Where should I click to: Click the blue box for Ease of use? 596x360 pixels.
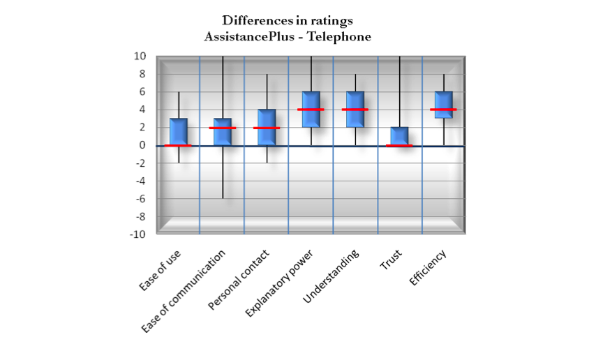(x=178, y=132)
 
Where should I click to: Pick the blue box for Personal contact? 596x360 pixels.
(x=267, y=127)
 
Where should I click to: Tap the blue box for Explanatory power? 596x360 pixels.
(x=311, y=110)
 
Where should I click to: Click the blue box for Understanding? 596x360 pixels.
(x=355, y=110)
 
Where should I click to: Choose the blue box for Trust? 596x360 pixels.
(x=399, y=136)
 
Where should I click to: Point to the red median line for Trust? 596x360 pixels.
(x=399, y=146)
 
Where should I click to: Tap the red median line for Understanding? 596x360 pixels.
(x=355, y=110)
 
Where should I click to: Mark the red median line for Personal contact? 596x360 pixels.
(x=267, y=128)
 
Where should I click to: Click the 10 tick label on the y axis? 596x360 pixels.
(x=140, y=57)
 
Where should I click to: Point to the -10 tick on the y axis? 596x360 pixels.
(x=138, y=234)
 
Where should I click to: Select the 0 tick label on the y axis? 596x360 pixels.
(x=142, y=145)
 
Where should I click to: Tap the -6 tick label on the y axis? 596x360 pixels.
(x=140, y=199)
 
